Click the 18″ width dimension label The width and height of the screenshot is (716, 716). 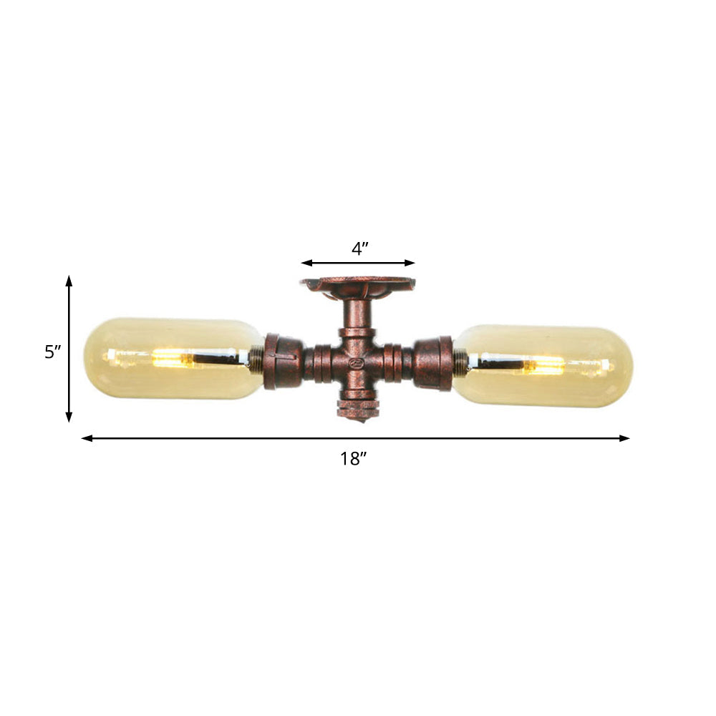[x=353, y=460]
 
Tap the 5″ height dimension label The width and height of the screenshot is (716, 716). [x=53, y=352]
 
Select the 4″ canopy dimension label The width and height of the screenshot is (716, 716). [x=359, y=249]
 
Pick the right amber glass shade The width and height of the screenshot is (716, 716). [x=544, y=365]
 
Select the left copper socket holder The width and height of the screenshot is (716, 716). [x=282, y=362]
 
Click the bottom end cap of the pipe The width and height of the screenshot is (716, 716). [x=357, y=410]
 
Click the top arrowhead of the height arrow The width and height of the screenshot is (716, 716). [x=69, y=279]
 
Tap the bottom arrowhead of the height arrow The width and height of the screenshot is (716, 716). [x=69, y=418]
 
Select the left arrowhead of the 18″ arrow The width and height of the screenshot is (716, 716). [x=86, y=438]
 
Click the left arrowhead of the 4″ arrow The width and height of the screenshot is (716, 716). [x=304, y=263]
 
